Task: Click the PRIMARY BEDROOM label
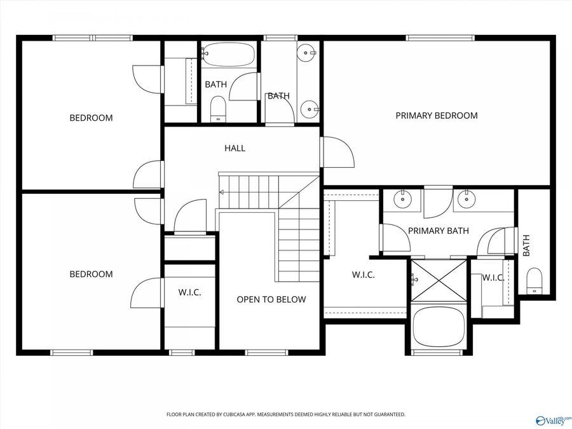[x=436, y=116]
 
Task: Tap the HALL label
[x=235, y=148]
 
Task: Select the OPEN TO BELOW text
[x=271, y=299]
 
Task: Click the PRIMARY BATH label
[x=438, y=231]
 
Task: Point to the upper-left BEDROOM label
[x=91, y=118]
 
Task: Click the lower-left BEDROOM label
[x=91, y=274]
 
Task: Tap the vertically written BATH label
[x=526, y=246]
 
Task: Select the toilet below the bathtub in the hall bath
[x=218, y=108]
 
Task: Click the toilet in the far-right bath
[x=535, y=280]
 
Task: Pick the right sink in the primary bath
[x=467, y=199]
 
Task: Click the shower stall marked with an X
[x=439, y=280]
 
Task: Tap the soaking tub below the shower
[x=439, y=326]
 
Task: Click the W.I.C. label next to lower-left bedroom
[x=189, y=293]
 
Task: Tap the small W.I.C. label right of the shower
[x=493, y=278]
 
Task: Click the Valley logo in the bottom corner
[x=552, y=419]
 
